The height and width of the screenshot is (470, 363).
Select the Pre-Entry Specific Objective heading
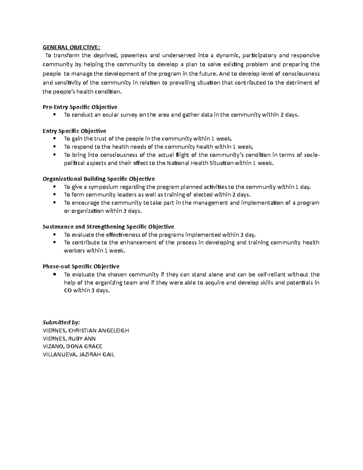click(80, 107)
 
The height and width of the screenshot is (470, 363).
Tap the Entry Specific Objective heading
click(74, 131)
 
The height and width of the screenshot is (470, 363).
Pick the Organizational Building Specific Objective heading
click(99, 179)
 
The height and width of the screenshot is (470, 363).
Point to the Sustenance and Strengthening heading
click(108, 227)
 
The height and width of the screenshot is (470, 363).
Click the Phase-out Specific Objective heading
click(81, 266)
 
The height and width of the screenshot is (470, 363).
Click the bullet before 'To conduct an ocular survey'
click(54, 115)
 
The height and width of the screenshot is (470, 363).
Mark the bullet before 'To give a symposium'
click(54, 187)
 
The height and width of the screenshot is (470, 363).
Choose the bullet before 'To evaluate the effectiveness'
click(54, 235)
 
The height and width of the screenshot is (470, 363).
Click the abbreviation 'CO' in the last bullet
click(68, 291)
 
